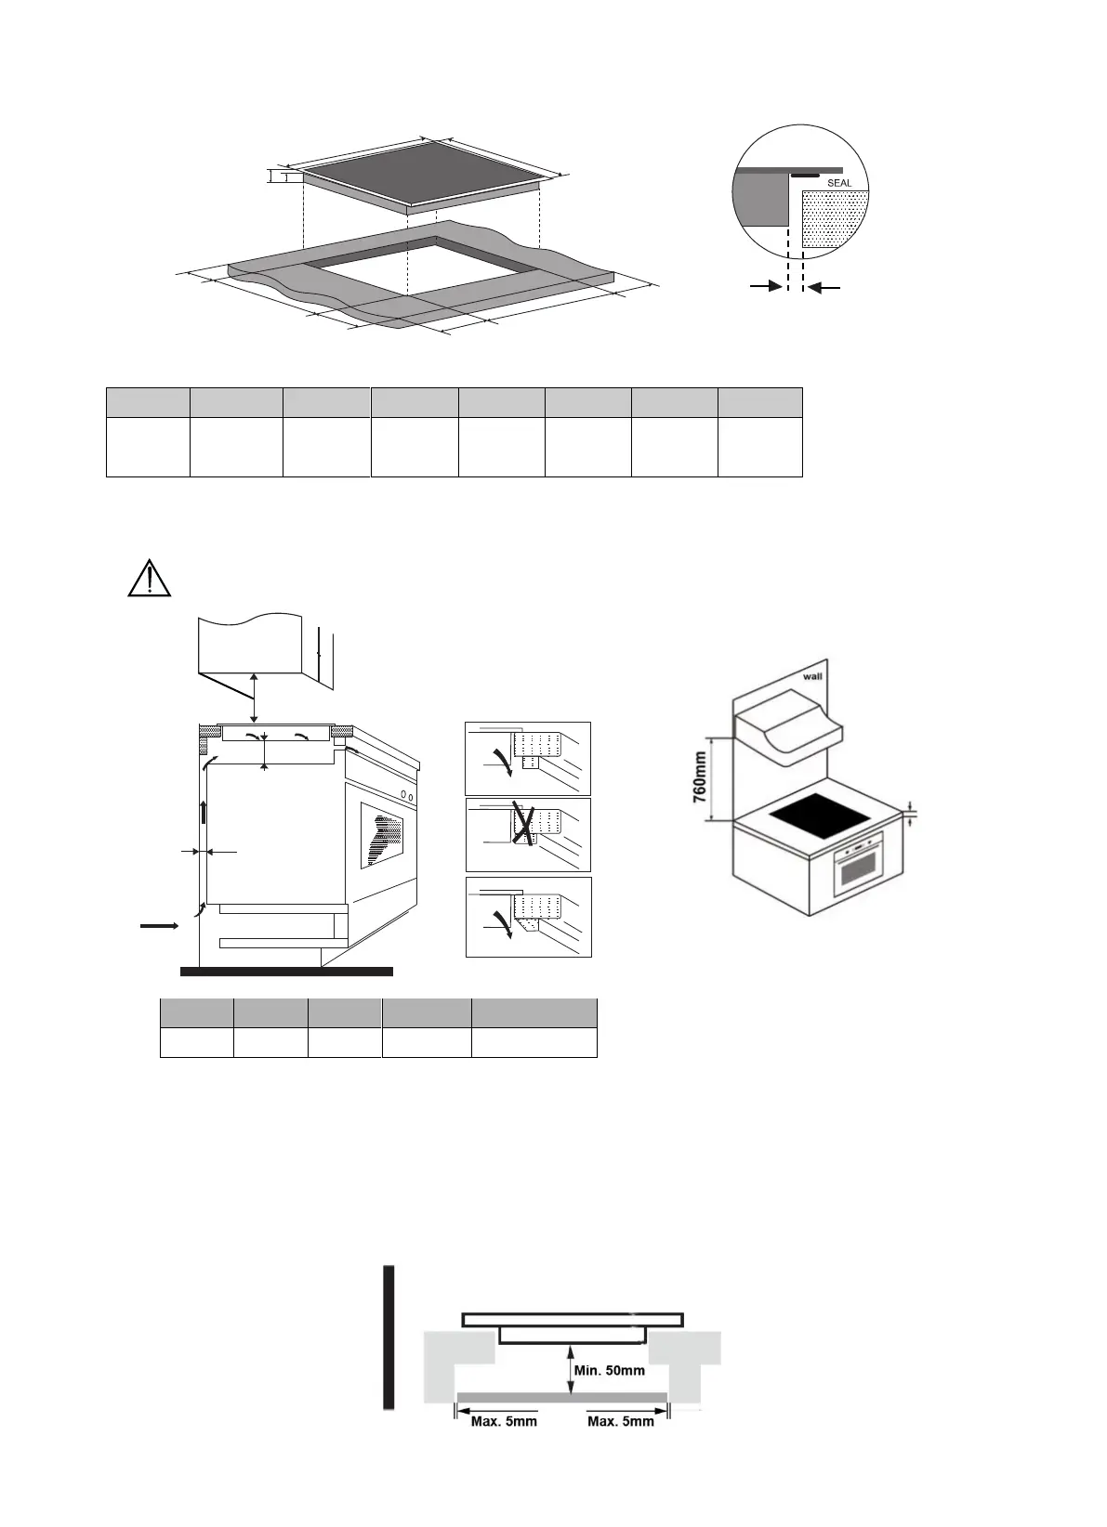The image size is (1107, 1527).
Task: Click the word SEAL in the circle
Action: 839,183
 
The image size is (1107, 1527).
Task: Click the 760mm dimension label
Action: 700,780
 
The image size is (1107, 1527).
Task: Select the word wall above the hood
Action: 813,677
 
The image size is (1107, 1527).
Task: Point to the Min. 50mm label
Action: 610,1370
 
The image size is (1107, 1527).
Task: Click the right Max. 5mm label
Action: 621,1421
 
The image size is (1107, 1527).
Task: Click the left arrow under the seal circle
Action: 766,289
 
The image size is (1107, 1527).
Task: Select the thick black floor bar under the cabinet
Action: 286,972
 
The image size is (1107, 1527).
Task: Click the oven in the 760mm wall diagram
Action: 857,865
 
